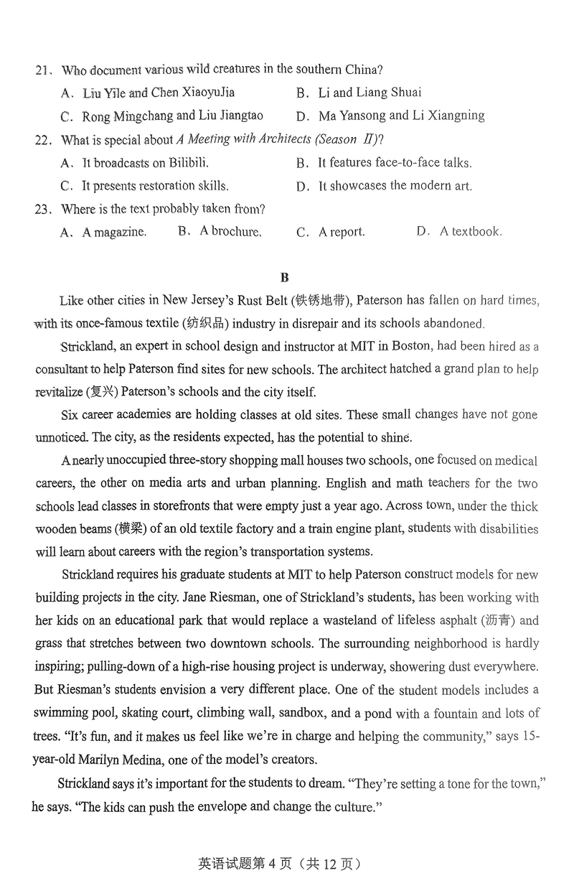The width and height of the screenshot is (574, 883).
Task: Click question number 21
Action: [43, 70]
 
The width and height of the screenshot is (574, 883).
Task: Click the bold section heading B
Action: [285, 277]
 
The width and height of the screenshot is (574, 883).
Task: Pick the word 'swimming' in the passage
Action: [63, 714]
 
